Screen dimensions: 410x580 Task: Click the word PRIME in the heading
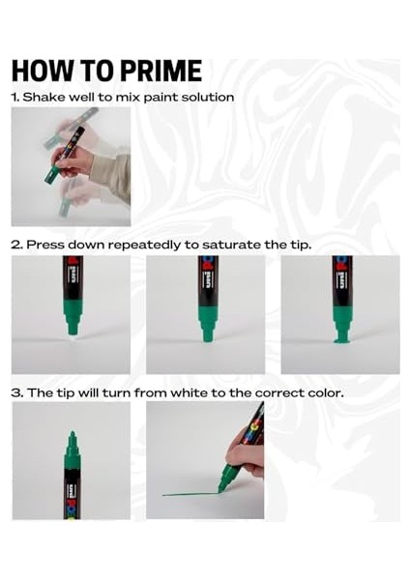click(161, 71)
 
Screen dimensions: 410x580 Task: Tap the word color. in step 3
click(326, 392)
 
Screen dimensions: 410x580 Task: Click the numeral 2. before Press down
click(16, 245)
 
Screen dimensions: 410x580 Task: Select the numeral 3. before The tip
click(17, 392)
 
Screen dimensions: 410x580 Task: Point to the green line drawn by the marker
click(190, 494)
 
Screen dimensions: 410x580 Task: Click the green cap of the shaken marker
click(52, 176)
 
